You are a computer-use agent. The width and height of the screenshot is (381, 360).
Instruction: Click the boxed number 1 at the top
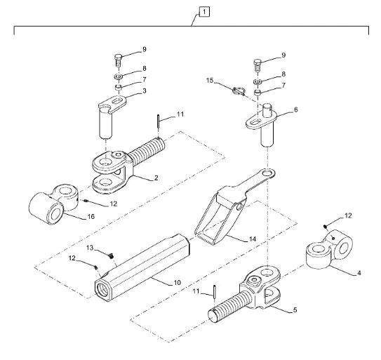[x=204, y=12]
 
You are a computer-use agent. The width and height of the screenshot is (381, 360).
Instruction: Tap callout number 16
[x=91, y=216]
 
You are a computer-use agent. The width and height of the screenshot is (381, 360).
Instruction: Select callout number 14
[x=253, y=239]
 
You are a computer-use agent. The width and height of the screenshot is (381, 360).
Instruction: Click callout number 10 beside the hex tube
[x=178, y=283]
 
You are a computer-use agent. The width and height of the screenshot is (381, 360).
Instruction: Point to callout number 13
[x=90, y=248]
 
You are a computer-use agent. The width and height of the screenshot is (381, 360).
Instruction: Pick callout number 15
[x=210, y=80]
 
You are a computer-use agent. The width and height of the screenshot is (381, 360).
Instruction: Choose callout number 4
[x=359, y=273]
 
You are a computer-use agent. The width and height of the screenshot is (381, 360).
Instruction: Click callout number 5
[x=295, y=310]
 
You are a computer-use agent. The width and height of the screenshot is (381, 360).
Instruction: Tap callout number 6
[x=295, y=109]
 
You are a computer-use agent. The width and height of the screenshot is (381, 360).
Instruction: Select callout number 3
[x=145, y=91]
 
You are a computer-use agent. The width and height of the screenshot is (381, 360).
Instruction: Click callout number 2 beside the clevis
[x=156, y=178]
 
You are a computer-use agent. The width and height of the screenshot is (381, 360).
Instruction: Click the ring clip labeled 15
[x=238, y=91]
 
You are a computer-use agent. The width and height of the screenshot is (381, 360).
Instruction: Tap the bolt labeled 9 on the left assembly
[x=118, y=60]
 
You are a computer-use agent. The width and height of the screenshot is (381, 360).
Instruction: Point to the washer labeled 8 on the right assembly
[x=258, y=81]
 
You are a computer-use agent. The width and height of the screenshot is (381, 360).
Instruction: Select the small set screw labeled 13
[x=111, y=255]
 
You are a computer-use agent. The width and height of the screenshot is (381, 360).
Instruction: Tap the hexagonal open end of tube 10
[x=102, y=289]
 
